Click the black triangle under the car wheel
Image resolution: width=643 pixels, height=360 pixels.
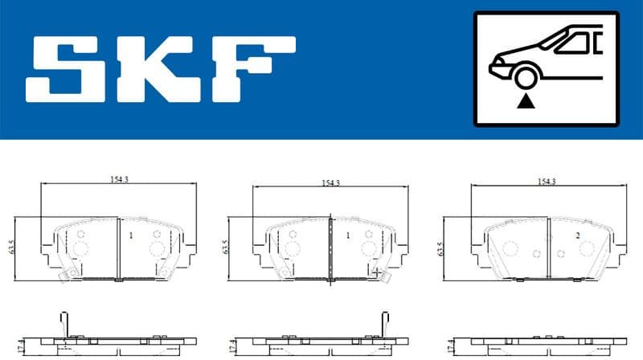[526, 100]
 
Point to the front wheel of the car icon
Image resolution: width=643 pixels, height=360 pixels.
[526, 78]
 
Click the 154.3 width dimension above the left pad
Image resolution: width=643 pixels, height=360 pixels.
[119, 180]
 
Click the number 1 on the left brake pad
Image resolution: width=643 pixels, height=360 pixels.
[130, 236]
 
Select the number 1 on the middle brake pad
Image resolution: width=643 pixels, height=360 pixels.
[347, 236]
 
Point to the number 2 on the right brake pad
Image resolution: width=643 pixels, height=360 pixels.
[577, 235]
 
